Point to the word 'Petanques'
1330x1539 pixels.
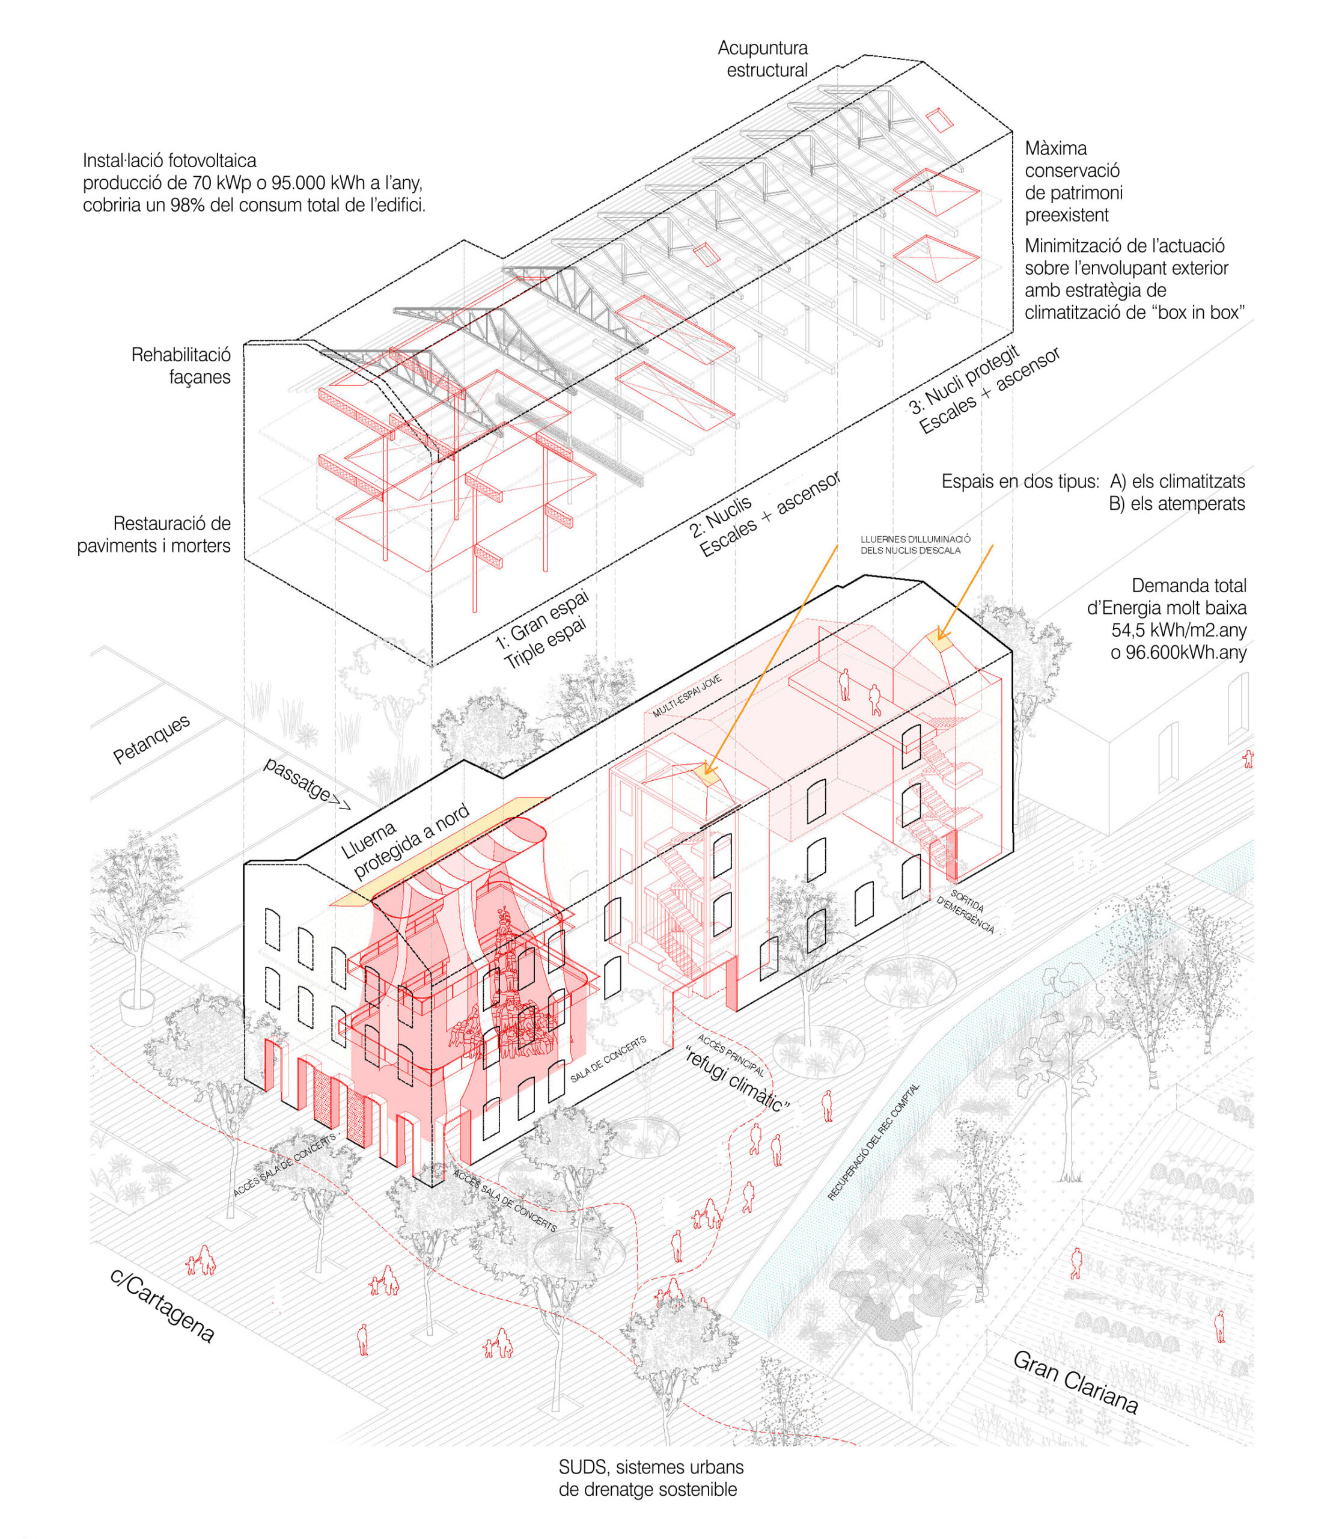[x=151, y=739]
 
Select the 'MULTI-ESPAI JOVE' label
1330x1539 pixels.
[x=687, y=697]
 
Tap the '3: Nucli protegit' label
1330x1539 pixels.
[x=964, y=381]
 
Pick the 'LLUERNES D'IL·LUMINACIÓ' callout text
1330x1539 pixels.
[x=915, y=539]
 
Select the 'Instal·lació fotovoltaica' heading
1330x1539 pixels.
[x=170, y=161]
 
